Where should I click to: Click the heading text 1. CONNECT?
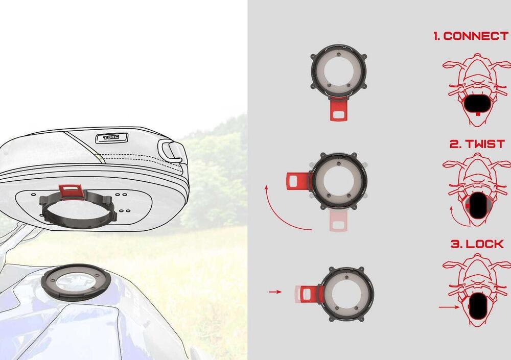point(471,36)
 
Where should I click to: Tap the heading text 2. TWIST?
point(477,144)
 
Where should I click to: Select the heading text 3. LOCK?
point(477,244)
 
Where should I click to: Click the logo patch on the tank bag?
point(112,137)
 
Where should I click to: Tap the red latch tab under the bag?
point(71,191)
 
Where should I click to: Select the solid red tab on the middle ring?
point(298,181)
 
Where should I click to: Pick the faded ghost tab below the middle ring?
point(339,221)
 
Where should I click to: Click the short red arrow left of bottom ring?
point(275,292)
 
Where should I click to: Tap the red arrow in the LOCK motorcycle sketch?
point(449,307)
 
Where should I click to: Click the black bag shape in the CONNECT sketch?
point(477,104)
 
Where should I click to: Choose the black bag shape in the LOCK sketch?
point(478,305)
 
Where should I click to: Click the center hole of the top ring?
point(339,71)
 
